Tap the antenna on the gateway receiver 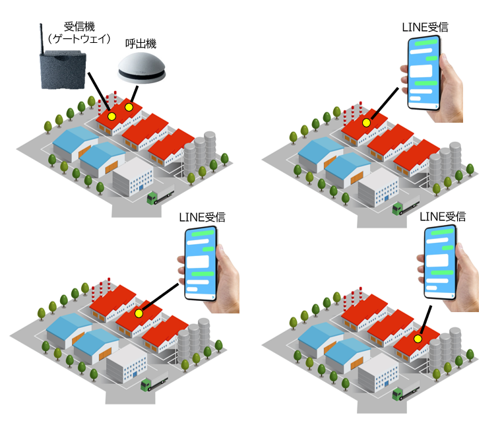coord(42,36)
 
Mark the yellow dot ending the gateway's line coord(111,116)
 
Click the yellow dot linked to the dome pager coord(130,107)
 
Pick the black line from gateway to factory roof coord(100,94)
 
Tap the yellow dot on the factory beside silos coord(418,339)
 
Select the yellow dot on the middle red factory coord(139,314)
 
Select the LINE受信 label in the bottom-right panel coord(443,216)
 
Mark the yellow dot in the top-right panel coord(366,123)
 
